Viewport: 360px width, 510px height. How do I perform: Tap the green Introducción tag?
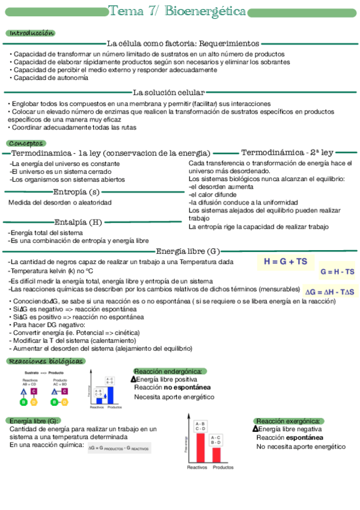pos(31,33)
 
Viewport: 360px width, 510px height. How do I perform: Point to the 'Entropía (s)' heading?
pos(76,192)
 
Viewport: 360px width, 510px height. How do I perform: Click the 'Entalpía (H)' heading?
pos(78,222)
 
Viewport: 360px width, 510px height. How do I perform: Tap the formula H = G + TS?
pos(285,262)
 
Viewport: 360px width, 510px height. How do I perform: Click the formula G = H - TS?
pos(337,272)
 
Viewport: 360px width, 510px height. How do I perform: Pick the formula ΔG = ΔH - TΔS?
pos(330,292)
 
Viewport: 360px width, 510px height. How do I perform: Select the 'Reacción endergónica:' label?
pos(168,372)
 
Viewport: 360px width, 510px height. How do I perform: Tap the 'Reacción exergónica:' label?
pos(288,421)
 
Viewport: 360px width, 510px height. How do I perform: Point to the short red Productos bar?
pos(216,454)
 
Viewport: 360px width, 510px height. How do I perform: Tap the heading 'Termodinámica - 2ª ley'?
pos(287,153)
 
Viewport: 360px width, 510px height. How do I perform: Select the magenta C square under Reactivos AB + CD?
pos(34,392)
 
